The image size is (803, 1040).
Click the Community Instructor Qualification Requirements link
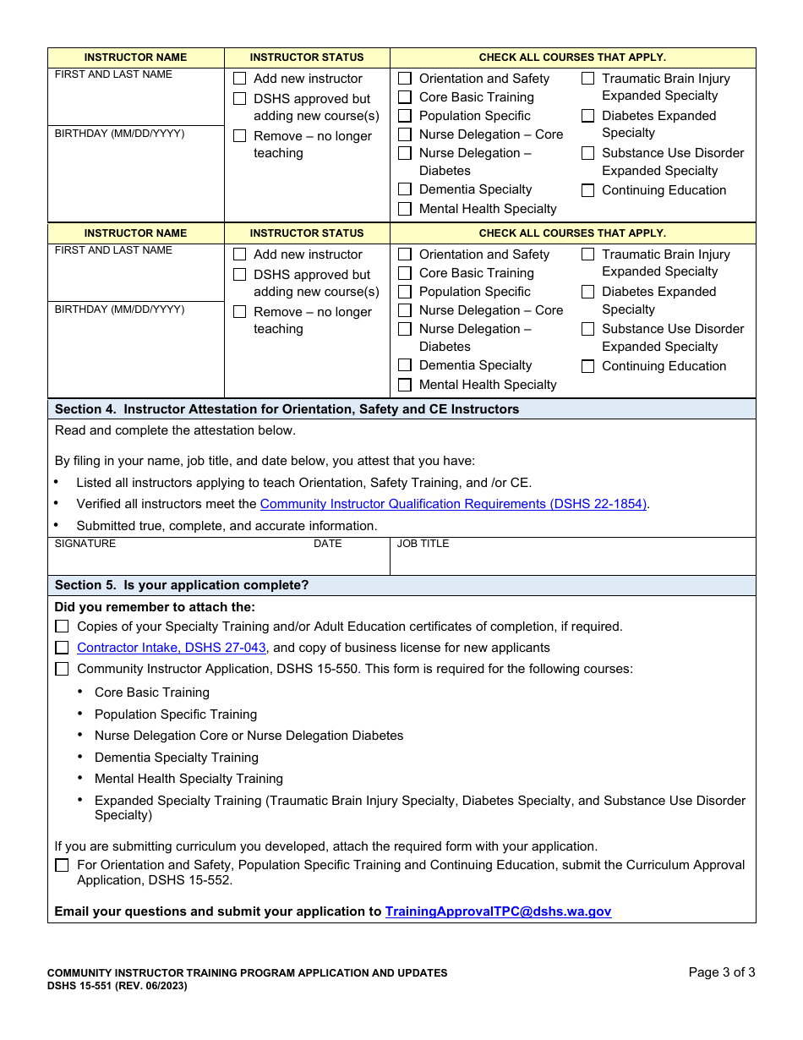tap(453, 504)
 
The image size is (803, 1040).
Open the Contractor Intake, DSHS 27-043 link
tap(172, 648)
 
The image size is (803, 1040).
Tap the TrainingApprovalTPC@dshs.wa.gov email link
tap(498, 911)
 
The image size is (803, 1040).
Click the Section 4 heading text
tap(287, 409)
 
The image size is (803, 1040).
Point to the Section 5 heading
tap(182, 585)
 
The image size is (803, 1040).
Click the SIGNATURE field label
tap(85, 544)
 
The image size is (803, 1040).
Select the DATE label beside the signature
tap(327, 544)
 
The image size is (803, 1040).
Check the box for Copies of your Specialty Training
tap(62, 627)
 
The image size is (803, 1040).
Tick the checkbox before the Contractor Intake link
tap(62, 648)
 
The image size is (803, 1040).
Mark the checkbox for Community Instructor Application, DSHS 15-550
tap(62, 669)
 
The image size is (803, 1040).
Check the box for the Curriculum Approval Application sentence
tap(62, 865)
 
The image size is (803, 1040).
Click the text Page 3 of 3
tap(722, 972)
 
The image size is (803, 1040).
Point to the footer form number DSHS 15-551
tap(117, 986)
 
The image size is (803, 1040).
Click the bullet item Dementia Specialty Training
tap(176, 758)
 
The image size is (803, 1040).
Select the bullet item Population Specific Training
tap(175, 714)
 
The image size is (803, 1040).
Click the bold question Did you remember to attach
tap(155, 607)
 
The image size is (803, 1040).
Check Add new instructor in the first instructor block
tap(240, 79)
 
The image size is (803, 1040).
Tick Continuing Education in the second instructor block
tap(587, 367)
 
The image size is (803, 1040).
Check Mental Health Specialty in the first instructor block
tap(405, 209)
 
